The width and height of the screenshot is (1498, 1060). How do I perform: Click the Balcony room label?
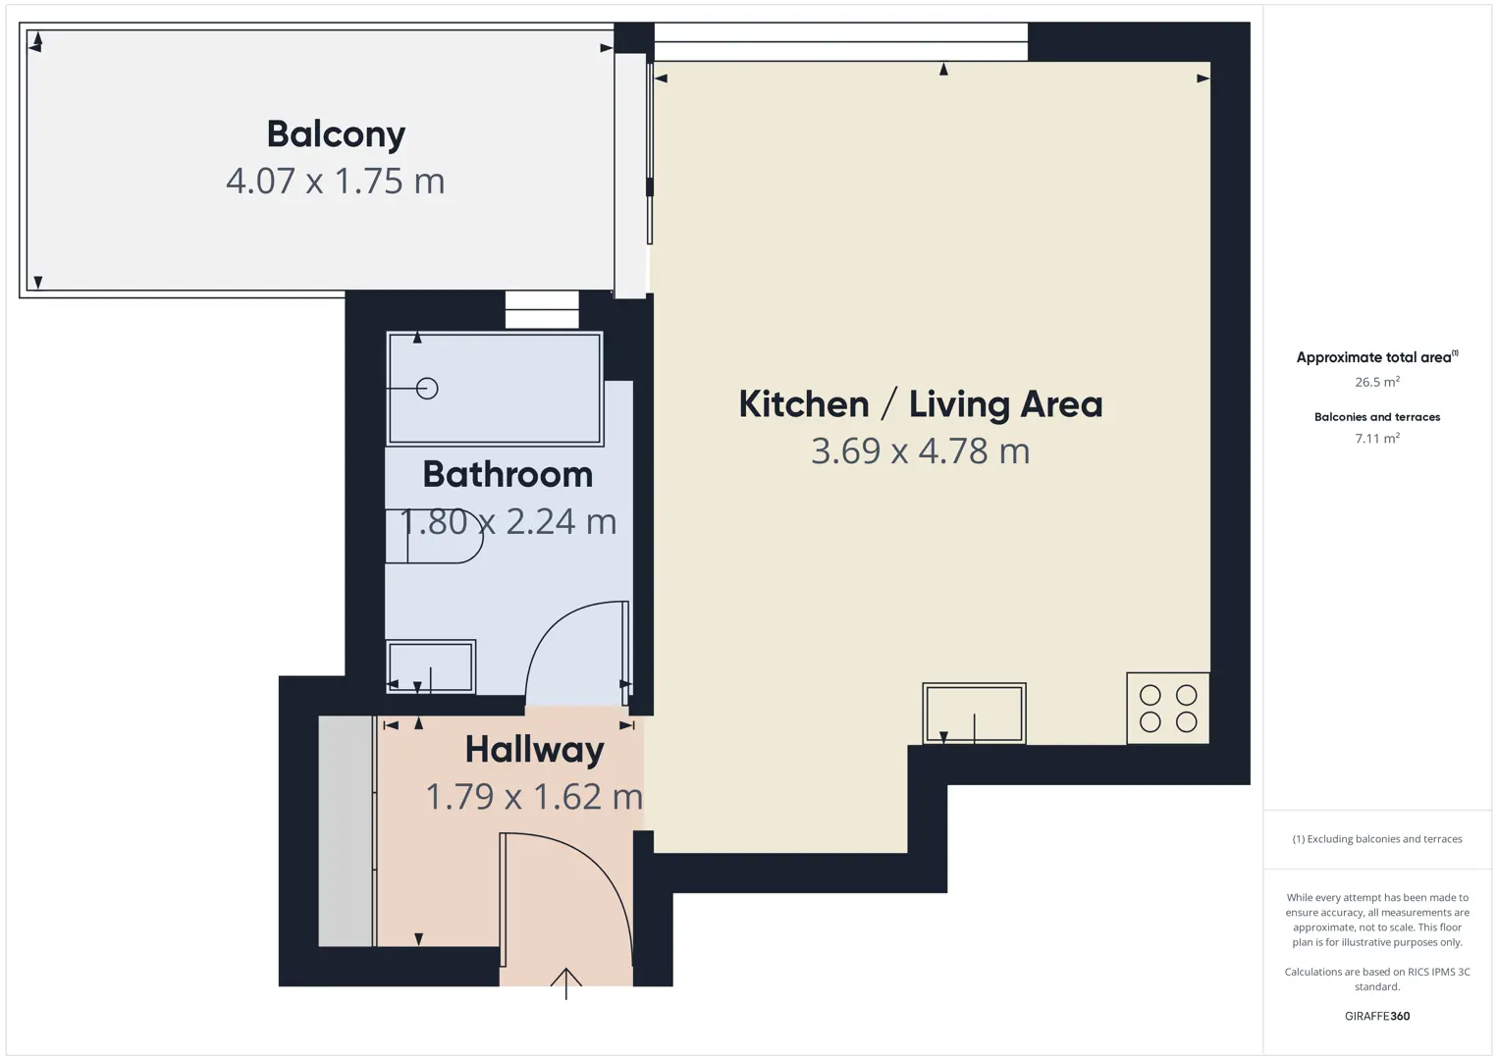pos(336,135)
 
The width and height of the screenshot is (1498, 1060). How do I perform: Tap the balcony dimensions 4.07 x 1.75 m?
pos(335,182)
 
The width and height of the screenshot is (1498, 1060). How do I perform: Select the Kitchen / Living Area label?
pos(920,404)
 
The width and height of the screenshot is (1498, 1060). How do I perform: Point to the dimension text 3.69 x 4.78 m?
pos(920,450)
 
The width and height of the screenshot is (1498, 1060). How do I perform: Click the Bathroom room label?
pos(508,475)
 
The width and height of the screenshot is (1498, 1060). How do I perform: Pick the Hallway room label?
pos(534,750)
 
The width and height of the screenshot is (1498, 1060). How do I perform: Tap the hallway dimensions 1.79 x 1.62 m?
pos(534,797)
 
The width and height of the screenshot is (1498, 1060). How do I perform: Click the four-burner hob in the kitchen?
pos(1167,709)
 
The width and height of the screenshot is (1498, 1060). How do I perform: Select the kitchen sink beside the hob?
pos(974,713)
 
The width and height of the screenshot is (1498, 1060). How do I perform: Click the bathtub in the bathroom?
pos(495,389)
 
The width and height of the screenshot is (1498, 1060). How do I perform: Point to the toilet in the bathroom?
pos(434,536)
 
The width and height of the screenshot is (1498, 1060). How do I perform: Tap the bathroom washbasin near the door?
pos(431,666)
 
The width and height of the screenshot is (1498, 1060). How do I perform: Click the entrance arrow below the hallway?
pos(565,983)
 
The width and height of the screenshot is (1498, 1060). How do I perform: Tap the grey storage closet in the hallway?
pos(346,831)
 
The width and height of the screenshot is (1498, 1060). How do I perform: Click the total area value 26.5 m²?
pos(1377,382)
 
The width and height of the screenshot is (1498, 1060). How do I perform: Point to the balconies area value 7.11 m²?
pos(1377,438)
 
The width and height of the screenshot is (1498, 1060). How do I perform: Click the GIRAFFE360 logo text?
pos(1377,1016)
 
